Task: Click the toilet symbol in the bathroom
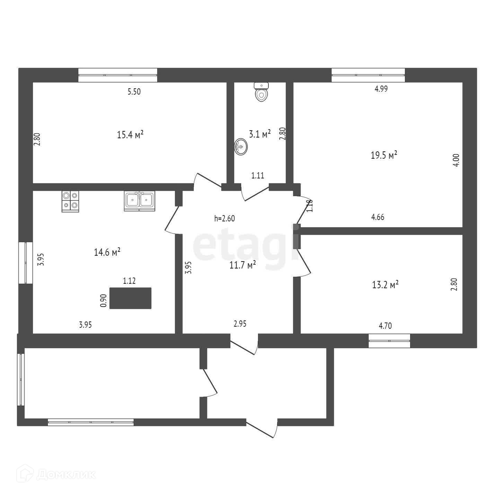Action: pos(262,92)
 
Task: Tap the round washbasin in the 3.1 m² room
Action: pos(241,147)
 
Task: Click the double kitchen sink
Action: pos(140,201)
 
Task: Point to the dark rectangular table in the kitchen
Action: pos(130,298)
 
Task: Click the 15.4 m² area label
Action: pos(130,134)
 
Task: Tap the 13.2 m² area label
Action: pos(385,285)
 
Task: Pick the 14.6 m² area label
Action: pos(107,252)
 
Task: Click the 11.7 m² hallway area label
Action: pos(242,265)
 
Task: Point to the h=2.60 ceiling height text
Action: pos(225,219)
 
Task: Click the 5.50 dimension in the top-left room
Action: pos(134,92)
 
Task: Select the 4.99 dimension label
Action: pos(381,89)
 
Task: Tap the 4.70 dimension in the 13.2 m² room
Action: pos(386,326)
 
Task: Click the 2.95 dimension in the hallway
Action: pos(240,324)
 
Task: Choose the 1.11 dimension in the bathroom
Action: pos(258,175)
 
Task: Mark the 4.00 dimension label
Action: pos(456,160)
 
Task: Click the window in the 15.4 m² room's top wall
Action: pos(118,75)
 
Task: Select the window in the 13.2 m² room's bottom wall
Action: pos(389,341)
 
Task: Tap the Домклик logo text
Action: pos(66,475)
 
